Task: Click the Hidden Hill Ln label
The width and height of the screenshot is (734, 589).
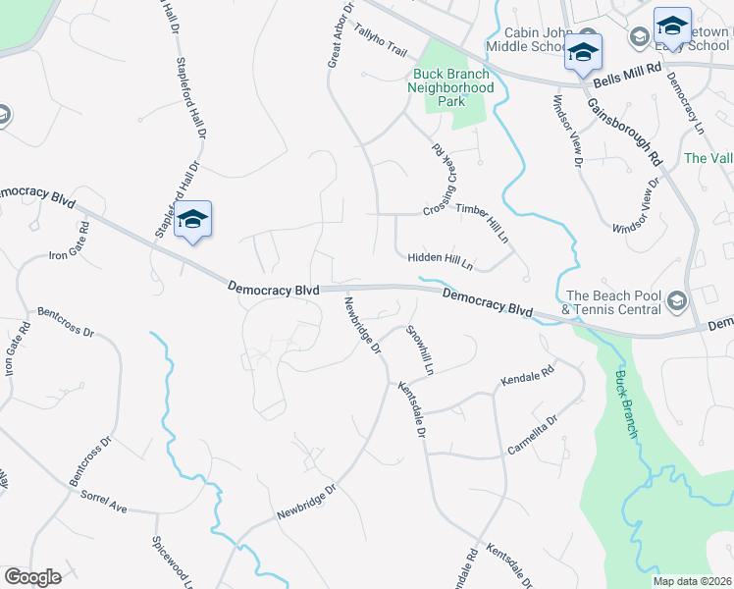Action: pos(441,260)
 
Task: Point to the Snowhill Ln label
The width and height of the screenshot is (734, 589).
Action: pos(419,349)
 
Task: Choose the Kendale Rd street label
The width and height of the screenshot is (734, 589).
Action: pos(527,376)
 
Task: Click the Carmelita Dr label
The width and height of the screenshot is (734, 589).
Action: pos(532,435)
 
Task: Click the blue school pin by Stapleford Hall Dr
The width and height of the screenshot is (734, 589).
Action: pos(193,220)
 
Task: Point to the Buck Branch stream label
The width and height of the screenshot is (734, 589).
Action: pos(626,403)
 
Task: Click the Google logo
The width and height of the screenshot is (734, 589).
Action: pos(32,576)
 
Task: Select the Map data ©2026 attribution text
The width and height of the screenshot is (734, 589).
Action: pos(692,581)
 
